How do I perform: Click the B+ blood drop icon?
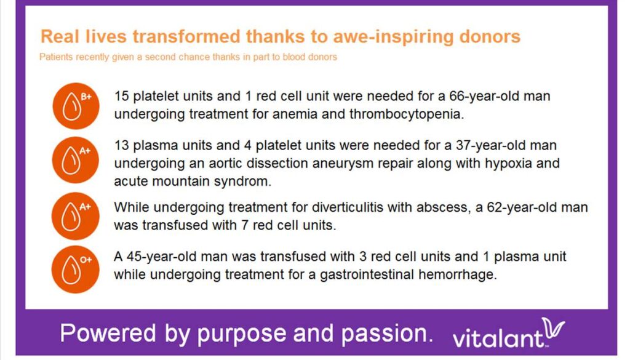click(x=76, y=106)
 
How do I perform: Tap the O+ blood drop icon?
click(x=76, y=269)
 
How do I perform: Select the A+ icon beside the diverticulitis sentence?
click(x=76, y=216)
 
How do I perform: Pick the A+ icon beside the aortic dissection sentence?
click(x=76, y=160)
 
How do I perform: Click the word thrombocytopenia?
click(x=405, y=114)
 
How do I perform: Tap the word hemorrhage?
click(x=457, y=275)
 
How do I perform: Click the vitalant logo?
click(x=509, y=334)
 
